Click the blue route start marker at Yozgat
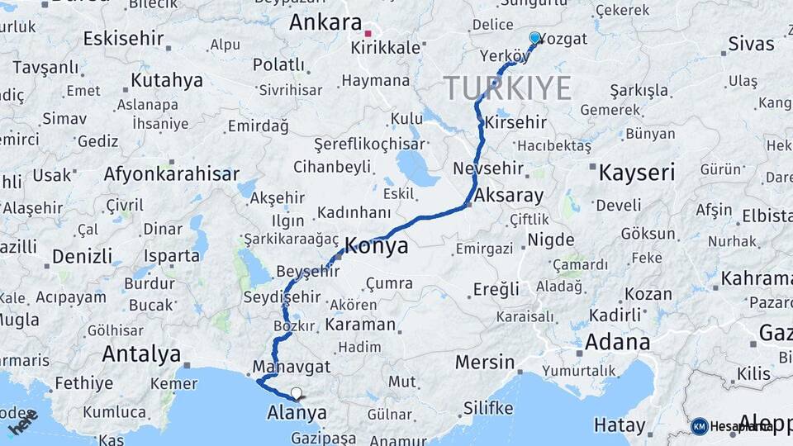[534, 38]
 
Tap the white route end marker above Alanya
[296, 393]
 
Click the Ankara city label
[325, 23]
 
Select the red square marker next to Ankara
[368, 34]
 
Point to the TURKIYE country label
[507, 88]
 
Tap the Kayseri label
[636, 173]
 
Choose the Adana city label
[617, 342]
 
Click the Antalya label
[141, 354]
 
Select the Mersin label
[485, 362]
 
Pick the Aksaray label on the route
[510, 197]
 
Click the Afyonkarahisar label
[172, 174]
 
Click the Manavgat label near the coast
[292, 366]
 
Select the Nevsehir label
[488, 168]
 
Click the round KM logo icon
[700, 426]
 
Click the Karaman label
[360, 325]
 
